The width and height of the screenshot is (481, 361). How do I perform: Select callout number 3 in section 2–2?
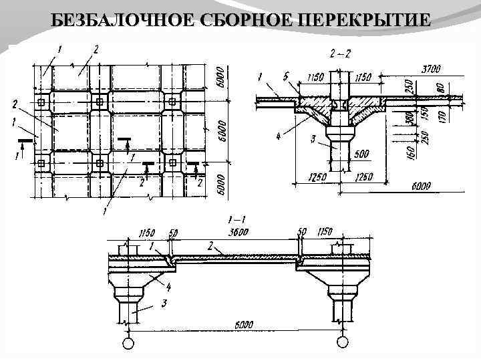tap(313, 138)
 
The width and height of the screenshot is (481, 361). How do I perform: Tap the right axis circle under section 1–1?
tap(343, 342)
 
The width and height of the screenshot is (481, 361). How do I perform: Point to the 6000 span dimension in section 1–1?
tap(243, 325)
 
